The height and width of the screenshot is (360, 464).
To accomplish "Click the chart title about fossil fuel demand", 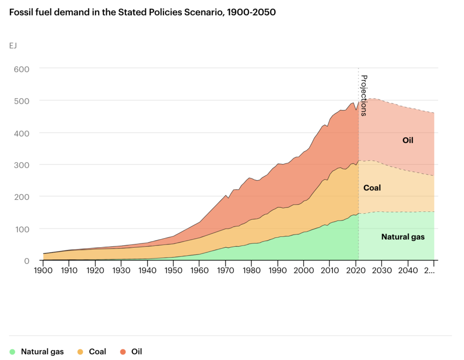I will coord(142,13).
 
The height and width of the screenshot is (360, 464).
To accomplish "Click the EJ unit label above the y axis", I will coord(13,45).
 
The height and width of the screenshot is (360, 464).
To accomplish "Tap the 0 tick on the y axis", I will coord(27,261).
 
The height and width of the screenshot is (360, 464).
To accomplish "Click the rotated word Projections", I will coord(363,96).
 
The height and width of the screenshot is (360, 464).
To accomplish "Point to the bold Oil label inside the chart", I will coord(408,140).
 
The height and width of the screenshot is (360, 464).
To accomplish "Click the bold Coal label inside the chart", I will coord(372,187).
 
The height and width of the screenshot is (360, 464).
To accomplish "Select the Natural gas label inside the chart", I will coord(403,236).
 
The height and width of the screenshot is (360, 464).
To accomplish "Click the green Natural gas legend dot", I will coord(12,351).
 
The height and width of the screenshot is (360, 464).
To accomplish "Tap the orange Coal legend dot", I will coord(80,351).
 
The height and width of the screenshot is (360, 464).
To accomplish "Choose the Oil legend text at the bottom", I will coord(136,351).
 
